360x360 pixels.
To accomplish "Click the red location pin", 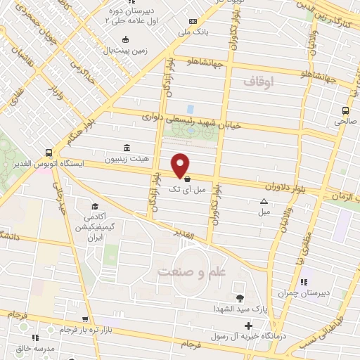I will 181,165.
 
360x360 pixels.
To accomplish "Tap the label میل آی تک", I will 190,189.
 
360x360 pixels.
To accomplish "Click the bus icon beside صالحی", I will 345,110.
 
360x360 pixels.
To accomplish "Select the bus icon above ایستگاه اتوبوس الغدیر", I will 48,152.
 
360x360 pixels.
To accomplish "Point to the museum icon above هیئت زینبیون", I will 126,148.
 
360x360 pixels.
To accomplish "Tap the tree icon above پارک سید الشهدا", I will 240,298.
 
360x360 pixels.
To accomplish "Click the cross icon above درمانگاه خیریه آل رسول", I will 247,326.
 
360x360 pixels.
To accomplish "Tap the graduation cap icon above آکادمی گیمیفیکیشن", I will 94,207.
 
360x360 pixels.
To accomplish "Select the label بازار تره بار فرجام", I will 66,330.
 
